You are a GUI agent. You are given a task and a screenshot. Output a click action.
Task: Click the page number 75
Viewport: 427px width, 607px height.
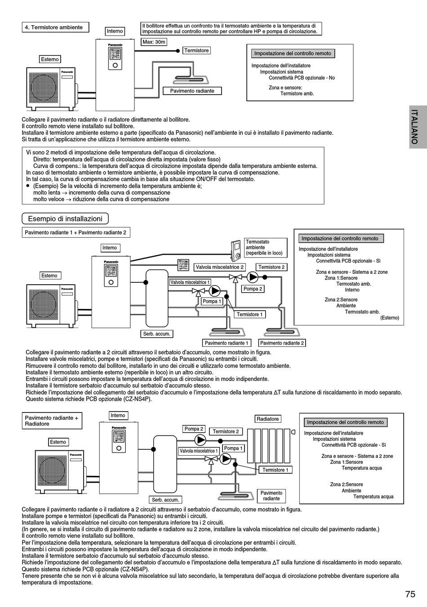[410, 594]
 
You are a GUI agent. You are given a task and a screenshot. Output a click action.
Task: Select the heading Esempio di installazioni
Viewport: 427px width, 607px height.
[65, 219]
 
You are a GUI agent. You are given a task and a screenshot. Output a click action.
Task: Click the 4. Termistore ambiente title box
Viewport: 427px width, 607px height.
[55, 27]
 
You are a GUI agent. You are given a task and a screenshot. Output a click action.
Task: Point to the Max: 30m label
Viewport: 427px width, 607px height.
[154, 42]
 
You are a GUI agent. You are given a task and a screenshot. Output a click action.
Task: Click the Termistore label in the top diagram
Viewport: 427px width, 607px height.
[196, 50]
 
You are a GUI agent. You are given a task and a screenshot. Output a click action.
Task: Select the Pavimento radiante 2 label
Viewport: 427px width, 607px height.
[282, 343]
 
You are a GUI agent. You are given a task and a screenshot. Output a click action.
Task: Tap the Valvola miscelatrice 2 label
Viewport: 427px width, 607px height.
[220, 267]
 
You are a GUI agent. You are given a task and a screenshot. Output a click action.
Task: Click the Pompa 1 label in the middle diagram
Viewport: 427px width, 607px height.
[211, 301]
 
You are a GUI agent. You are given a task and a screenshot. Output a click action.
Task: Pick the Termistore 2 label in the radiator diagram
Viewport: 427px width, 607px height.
[226, 431]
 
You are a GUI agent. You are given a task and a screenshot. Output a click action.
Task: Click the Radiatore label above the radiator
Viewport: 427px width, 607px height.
[267, 419]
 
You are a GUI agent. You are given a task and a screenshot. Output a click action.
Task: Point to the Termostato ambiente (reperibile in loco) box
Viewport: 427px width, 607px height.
[266, 248]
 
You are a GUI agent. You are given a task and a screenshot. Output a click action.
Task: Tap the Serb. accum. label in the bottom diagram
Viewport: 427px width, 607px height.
[165, 499]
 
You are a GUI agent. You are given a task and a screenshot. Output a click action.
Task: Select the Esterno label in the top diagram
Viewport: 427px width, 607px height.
[50, 59]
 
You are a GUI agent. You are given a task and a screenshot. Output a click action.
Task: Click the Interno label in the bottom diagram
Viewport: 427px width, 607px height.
[118, 415]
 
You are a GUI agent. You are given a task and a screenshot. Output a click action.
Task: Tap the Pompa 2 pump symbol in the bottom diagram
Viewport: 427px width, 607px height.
[200, 439]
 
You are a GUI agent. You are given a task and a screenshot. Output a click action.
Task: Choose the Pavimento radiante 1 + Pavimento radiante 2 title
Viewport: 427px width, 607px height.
[76, 232]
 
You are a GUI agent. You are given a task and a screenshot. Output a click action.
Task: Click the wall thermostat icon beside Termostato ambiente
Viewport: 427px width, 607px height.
[236, 250]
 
